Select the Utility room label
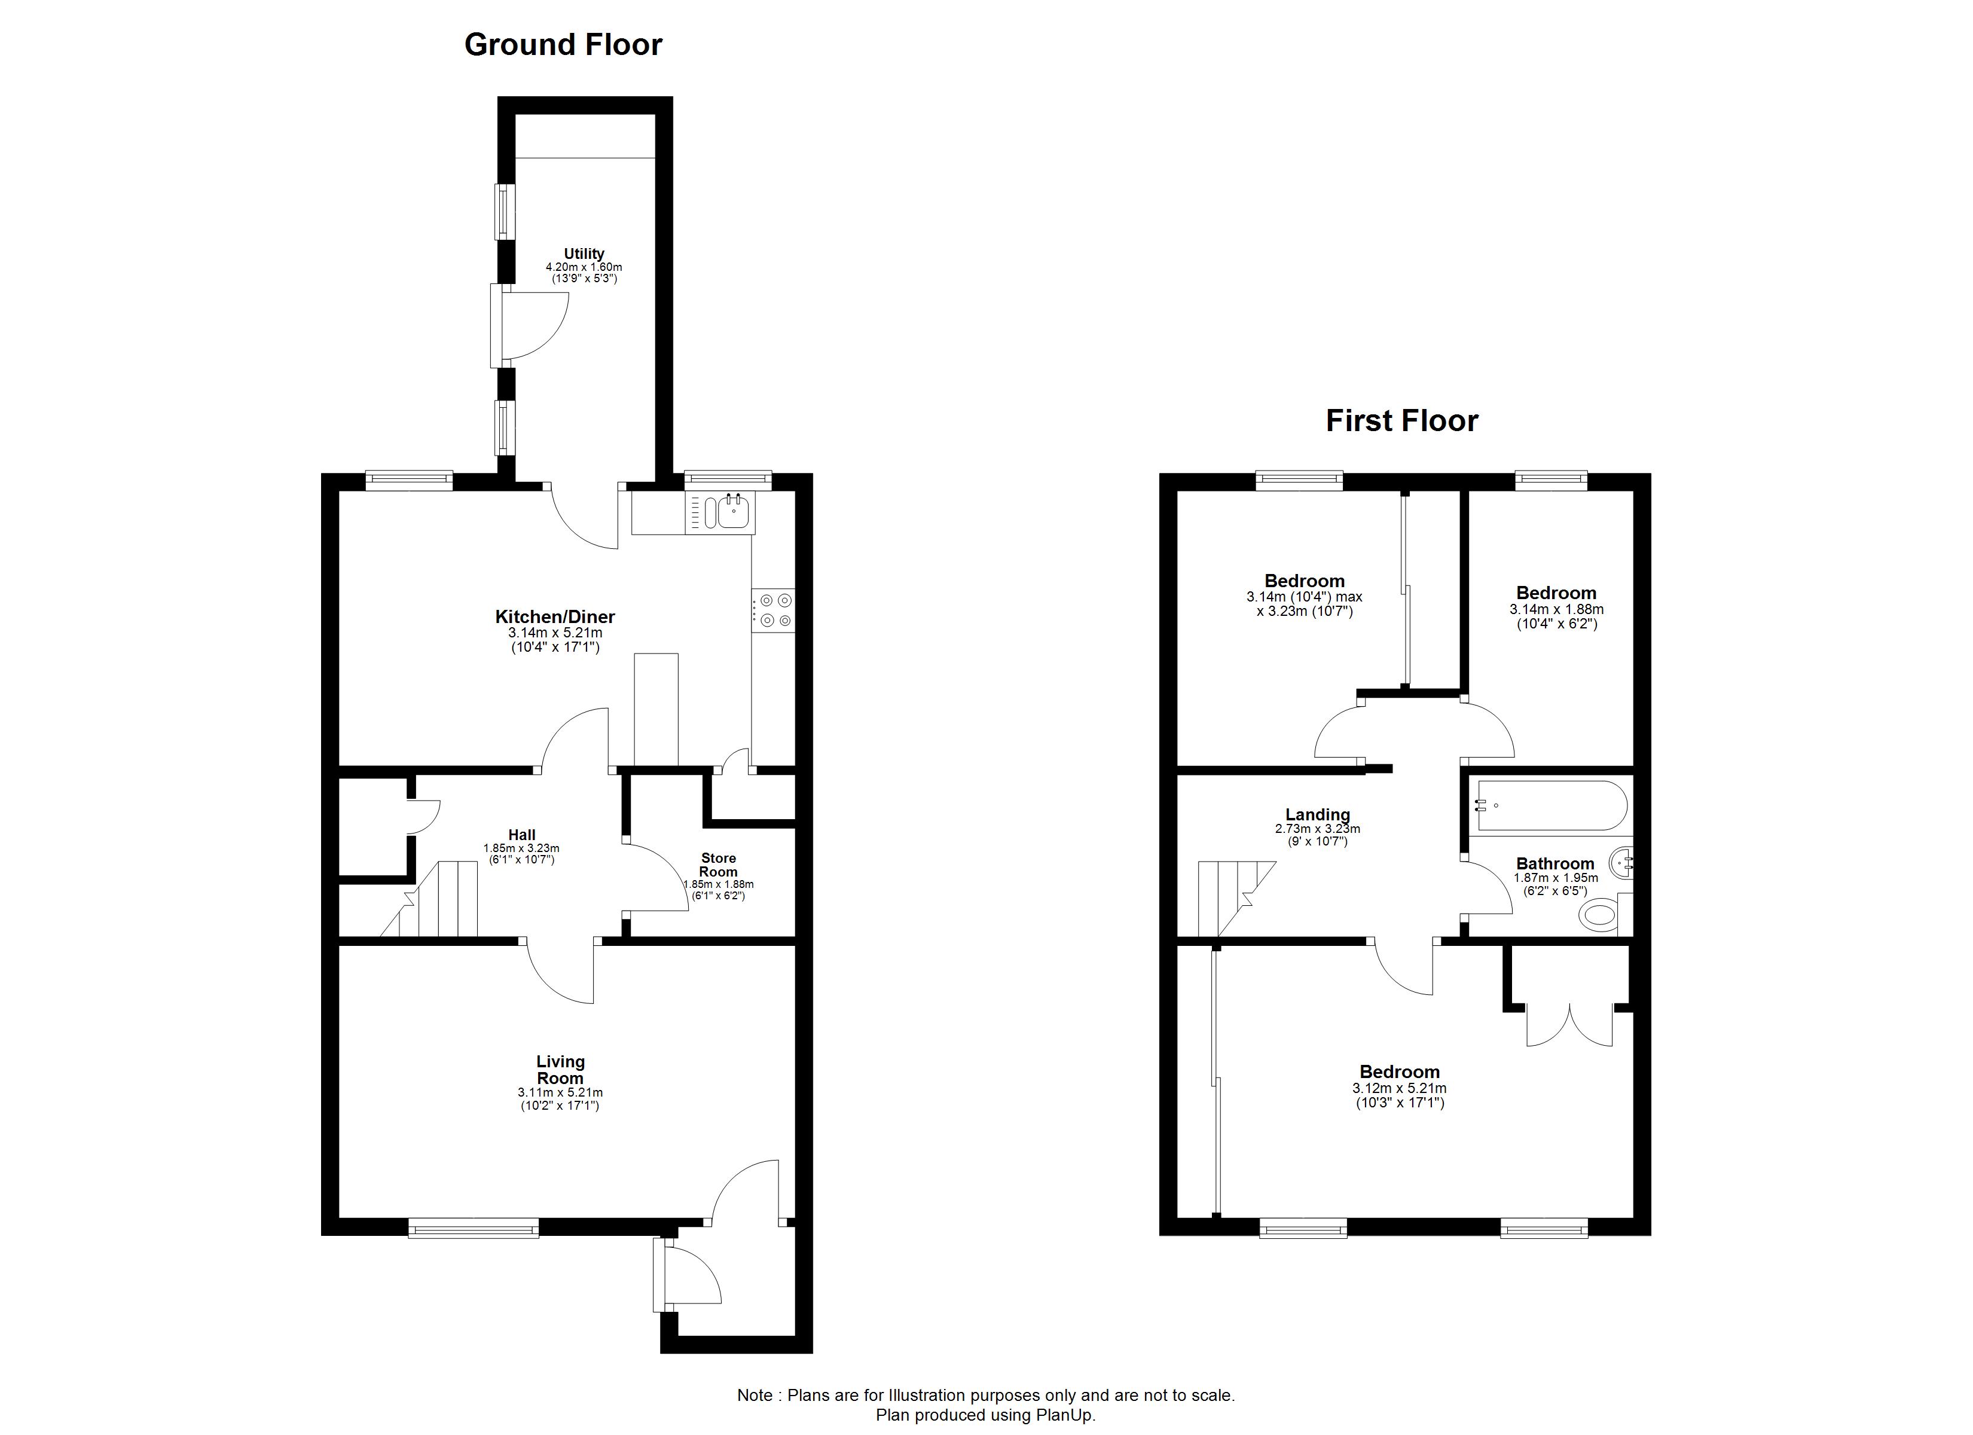[584, 254]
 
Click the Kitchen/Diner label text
[555, 617]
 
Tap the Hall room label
[522, 835]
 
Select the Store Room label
[719, 865]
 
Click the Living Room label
[560, 1070]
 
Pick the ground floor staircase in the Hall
[430, 899]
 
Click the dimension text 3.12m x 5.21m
[1399, 1089]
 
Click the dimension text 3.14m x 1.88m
[1556, 610]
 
